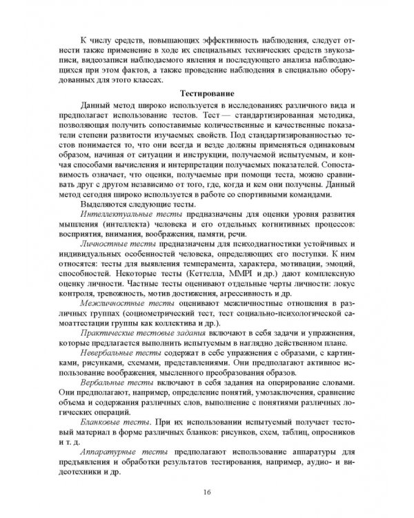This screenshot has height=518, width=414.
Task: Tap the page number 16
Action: point(206,490)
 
